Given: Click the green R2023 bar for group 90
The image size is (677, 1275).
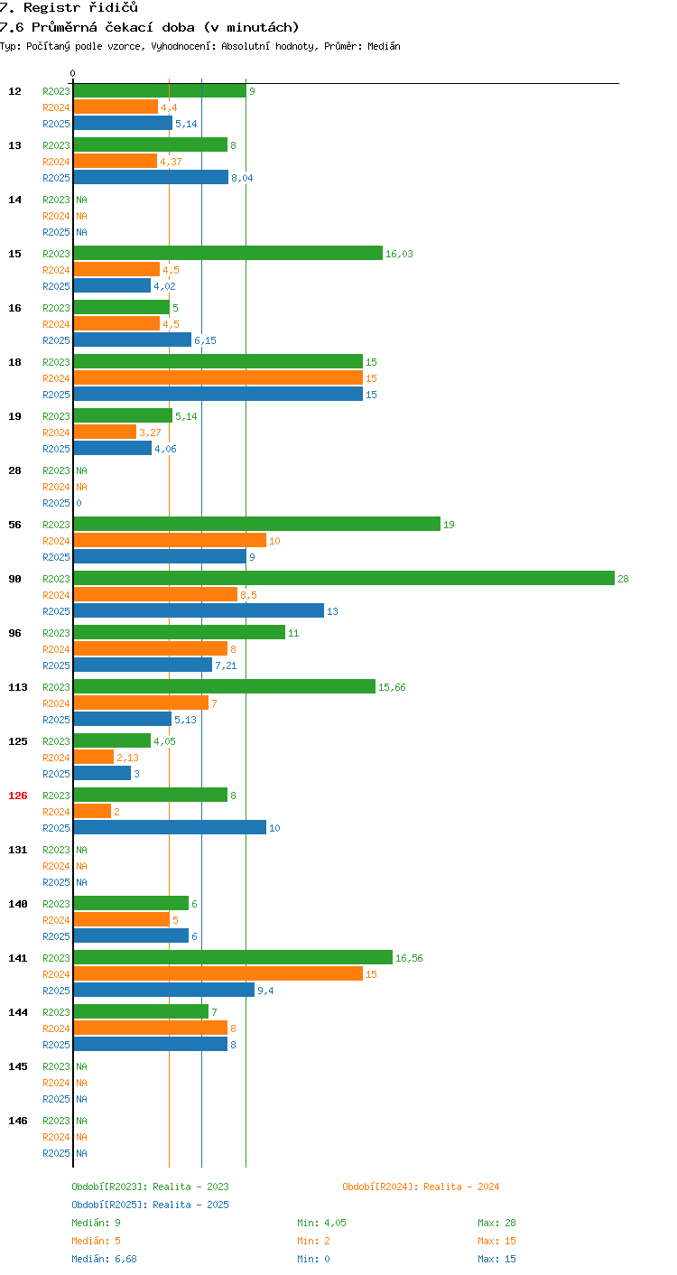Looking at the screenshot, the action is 344,578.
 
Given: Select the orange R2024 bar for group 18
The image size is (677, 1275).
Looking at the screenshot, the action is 218,378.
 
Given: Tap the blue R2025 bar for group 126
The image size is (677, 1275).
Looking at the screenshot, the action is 170,828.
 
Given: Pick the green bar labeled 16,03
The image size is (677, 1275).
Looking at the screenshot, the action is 228,254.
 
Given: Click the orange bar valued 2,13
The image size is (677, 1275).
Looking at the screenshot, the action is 94,757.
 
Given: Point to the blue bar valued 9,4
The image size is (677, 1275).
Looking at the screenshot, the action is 164,990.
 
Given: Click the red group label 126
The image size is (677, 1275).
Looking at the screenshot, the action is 18,796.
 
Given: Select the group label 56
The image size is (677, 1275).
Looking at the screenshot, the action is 14,525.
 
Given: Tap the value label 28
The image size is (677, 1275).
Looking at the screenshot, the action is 623,579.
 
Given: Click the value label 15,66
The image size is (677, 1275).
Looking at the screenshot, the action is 392,687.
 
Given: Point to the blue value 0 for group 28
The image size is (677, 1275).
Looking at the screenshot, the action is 79,503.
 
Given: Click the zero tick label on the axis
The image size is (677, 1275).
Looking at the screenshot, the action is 72,73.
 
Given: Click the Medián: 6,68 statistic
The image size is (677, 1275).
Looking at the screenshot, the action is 104,1259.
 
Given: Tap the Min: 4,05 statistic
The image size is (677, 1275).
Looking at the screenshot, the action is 321,1223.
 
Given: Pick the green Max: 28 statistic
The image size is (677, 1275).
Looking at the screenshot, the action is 496,1223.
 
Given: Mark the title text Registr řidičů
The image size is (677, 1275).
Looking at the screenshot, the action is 80,7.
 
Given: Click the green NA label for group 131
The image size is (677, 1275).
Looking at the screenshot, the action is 81,850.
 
